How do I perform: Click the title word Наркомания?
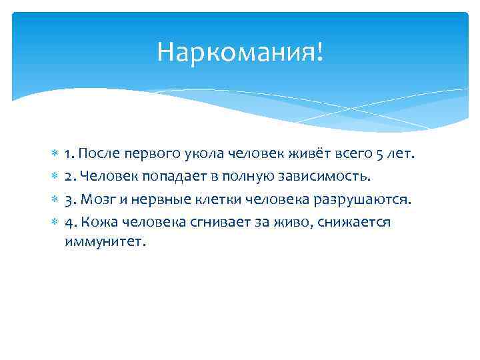click(240, 51)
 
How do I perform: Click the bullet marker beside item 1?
click(53, 155)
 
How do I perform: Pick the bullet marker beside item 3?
click(53, 200)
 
